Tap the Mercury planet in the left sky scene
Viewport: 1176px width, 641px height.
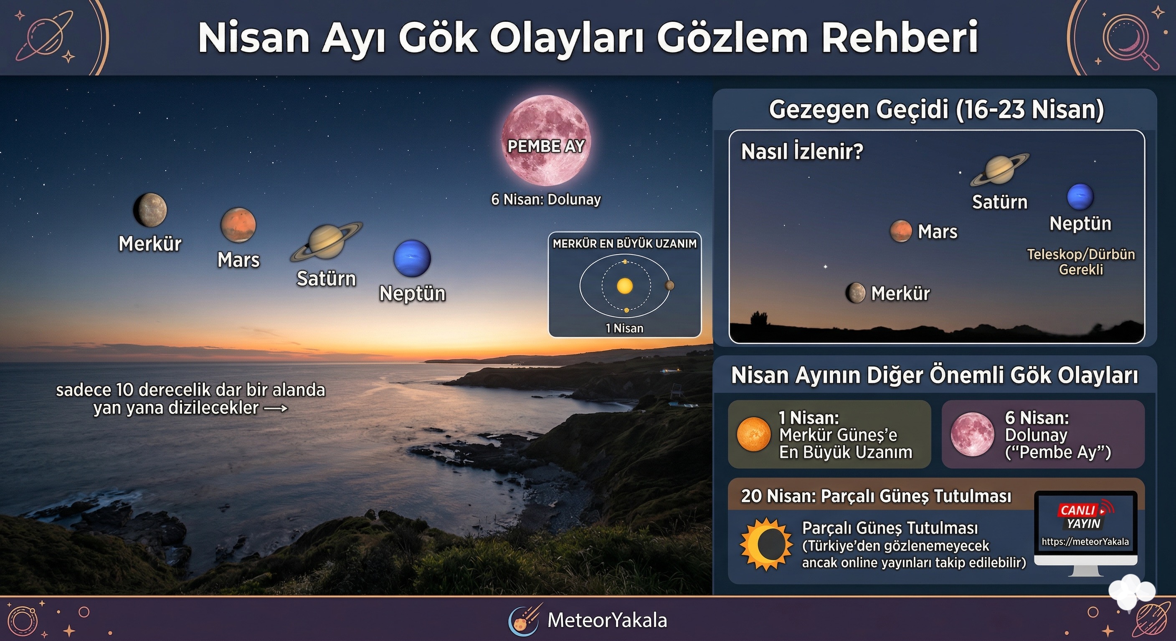(150, 210)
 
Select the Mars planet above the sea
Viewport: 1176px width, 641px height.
(238, 225)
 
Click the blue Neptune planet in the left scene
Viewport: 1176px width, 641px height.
(412, 258)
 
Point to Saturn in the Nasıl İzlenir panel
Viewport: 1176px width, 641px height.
(1000, 170)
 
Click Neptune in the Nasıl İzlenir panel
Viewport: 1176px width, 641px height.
(1080, 197)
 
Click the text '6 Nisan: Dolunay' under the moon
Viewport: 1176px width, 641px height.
(546, 199)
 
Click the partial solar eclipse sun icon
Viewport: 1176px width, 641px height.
(766, 544)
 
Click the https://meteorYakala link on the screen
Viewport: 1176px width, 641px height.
(1085, 542)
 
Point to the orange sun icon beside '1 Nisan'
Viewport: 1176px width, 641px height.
(754, 434)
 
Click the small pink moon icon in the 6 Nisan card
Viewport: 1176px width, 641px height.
(972, 434)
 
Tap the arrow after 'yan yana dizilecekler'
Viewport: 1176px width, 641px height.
(276, 408)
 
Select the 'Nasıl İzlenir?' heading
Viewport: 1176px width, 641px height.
(802, 151)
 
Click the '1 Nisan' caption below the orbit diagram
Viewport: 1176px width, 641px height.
(624, 328)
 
